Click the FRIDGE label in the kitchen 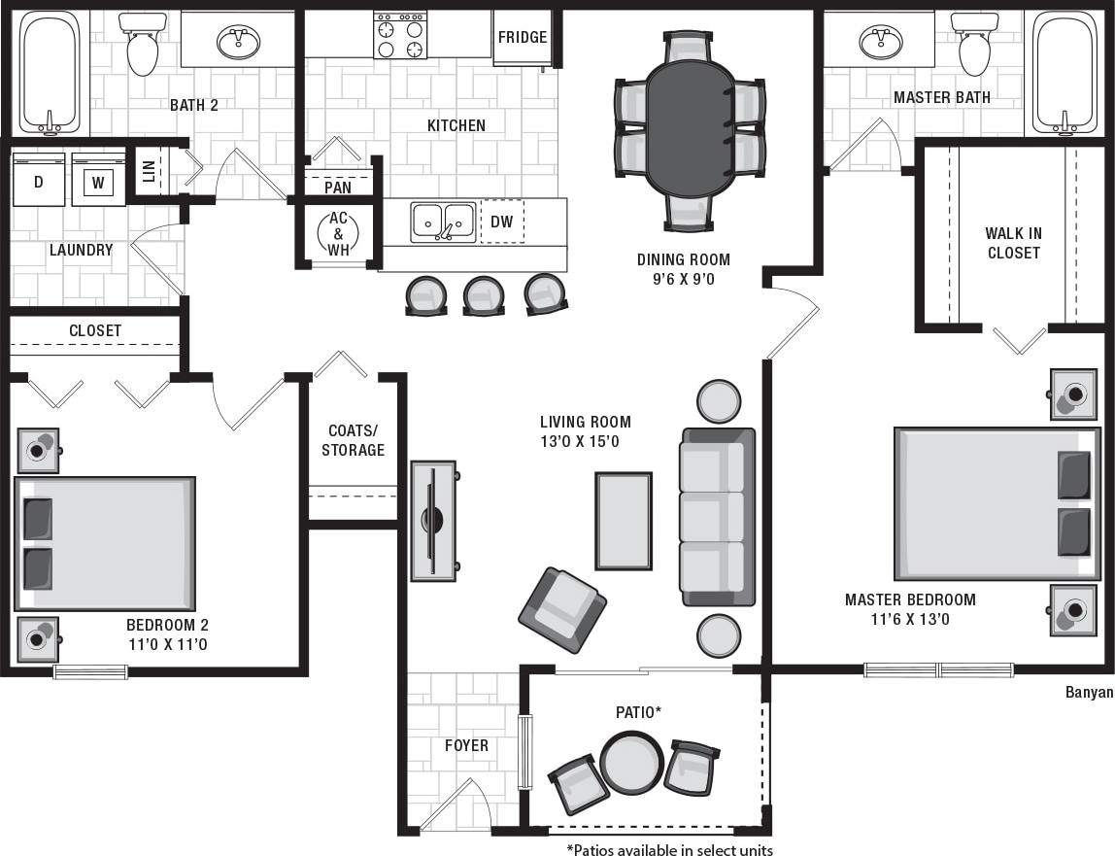(x=523, y=38)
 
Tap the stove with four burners (x=400, y=36)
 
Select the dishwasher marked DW (x=501, y=222)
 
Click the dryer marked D (x=39, y=180)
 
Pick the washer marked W (x=98, y=181)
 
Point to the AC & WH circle (x=338, y=233)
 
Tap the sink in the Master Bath (x=882, y=41)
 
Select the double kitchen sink (x=443, y=222)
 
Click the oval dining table (x=689, y=128)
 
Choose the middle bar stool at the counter (x=484, y=295)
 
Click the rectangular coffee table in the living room (x=623, y=521)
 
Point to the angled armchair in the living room (x=562, y=610)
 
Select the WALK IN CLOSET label (x=1013, y=243)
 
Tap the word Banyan (x=1089, y=693)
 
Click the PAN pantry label (x=338, y=188)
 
